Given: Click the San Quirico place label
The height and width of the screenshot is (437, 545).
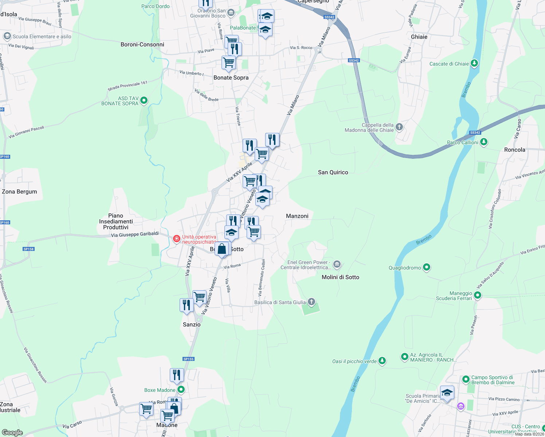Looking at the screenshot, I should tap(333, 172).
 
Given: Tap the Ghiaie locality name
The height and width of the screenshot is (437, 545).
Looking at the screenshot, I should tap(419, 37).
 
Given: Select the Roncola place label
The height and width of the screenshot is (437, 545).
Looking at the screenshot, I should tap(514, 150).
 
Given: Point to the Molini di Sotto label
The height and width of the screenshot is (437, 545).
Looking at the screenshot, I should tap(340, 277).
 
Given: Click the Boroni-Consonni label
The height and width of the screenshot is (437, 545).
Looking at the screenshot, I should tap(142, 44).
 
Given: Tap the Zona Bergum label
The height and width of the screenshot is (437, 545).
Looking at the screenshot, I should tap(19, 192).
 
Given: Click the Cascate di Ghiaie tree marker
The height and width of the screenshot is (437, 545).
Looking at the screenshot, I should tap(474, 63).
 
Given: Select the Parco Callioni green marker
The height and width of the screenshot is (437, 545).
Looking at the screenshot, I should tap(483, 142).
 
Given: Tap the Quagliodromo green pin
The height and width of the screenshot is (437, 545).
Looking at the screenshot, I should tap(426, 267).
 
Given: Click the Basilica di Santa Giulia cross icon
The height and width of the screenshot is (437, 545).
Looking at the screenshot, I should tap(311, 302).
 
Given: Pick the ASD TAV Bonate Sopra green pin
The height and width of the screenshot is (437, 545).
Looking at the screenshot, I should tap(144, 100).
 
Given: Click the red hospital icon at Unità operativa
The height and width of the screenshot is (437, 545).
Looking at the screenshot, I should tap(177, 239).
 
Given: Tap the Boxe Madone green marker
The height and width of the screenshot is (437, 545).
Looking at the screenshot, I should tap(181, 390).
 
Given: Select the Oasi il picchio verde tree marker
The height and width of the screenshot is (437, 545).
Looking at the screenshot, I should tap(382, 361).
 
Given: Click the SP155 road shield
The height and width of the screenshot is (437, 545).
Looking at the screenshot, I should tap(188, 359).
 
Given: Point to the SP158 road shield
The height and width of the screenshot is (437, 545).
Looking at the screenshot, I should tap(28, 249).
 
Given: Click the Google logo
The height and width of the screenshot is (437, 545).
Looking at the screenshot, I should tap(12, 433).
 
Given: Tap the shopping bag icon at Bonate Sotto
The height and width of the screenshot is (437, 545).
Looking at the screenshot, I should tap(222, 249).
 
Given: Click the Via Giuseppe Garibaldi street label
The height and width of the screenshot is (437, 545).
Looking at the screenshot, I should tap(135, 235).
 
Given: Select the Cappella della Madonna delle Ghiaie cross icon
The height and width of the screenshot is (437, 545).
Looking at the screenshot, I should tap(399, 127).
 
